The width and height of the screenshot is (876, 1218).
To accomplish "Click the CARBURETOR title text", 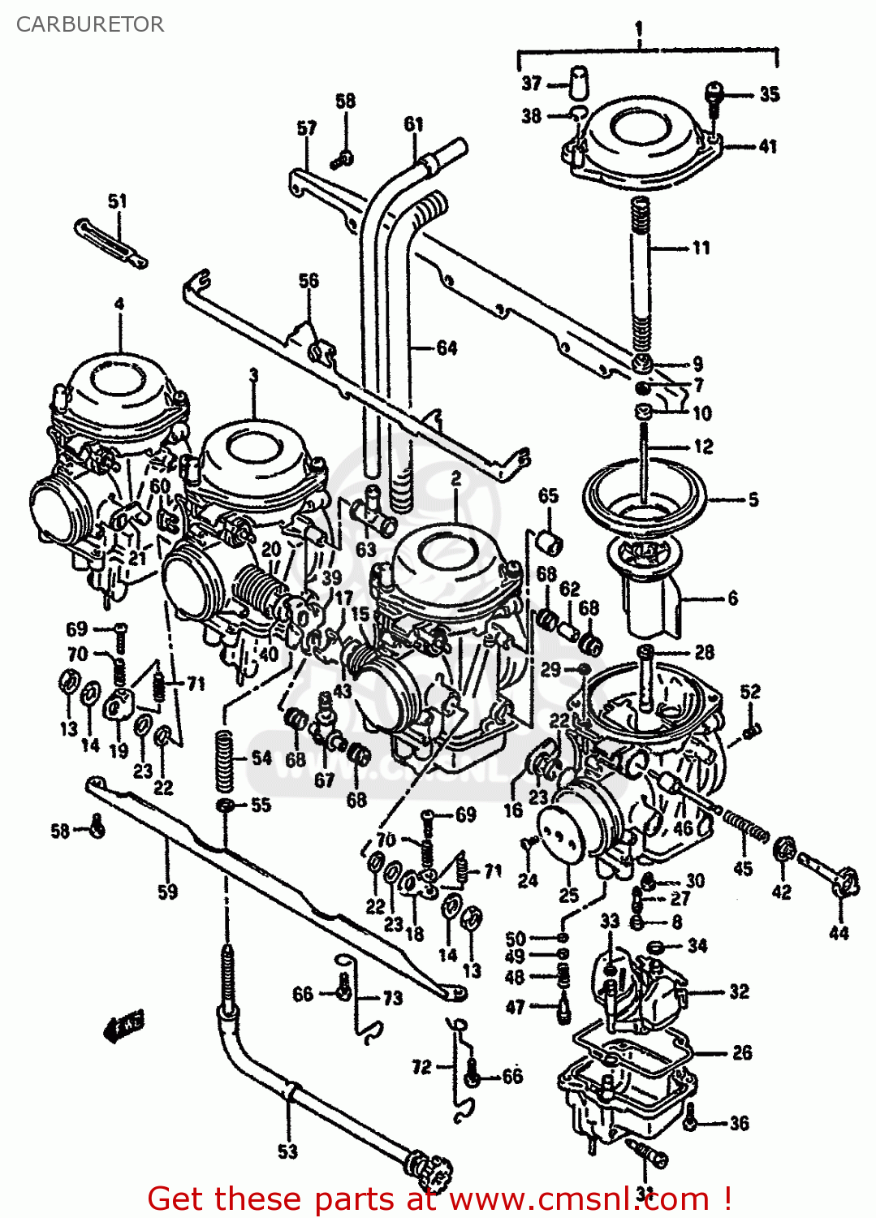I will coord(90,24).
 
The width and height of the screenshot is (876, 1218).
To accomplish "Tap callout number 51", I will coord(118,201).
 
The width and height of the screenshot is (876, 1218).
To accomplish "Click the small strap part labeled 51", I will coord(111,242).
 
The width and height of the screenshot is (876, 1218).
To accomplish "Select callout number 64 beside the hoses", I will coord(447,348).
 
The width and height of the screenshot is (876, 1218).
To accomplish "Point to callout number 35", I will coord(769,94).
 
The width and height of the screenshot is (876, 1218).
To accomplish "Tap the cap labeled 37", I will coord(579,83).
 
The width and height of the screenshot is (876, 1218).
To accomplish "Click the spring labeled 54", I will coord(225,759).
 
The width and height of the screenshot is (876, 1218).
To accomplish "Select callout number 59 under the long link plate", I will coord(167,892).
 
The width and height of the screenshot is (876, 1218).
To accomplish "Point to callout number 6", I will coord(732,598).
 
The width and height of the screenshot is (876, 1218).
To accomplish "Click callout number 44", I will coord(839,933).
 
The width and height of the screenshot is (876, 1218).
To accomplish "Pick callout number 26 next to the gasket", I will coord(742,1053).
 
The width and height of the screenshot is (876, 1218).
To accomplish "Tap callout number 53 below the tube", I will coord(287,1151).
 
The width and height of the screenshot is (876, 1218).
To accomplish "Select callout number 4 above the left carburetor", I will coord(119,304).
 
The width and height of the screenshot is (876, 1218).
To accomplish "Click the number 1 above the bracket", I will coord(638,30).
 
